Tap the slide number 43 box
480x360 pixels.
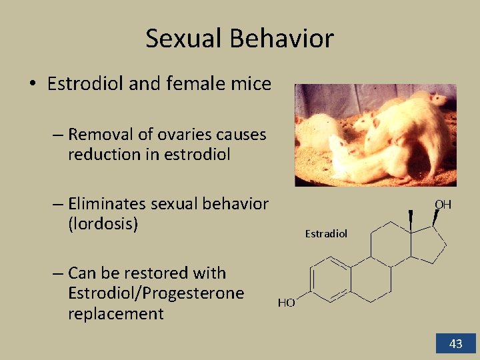[455, 344]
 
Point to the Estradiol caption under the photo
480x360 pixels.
[326, 233]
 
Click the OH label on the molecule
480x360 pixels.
[443, 205]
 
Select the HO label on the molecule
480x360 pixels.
[286, 303]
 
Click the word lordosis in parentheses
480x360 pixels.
[103, 224]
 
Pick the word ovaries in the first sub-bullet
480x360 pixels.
[190, 135]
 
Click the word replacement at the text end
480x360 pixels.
[115, 314]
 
